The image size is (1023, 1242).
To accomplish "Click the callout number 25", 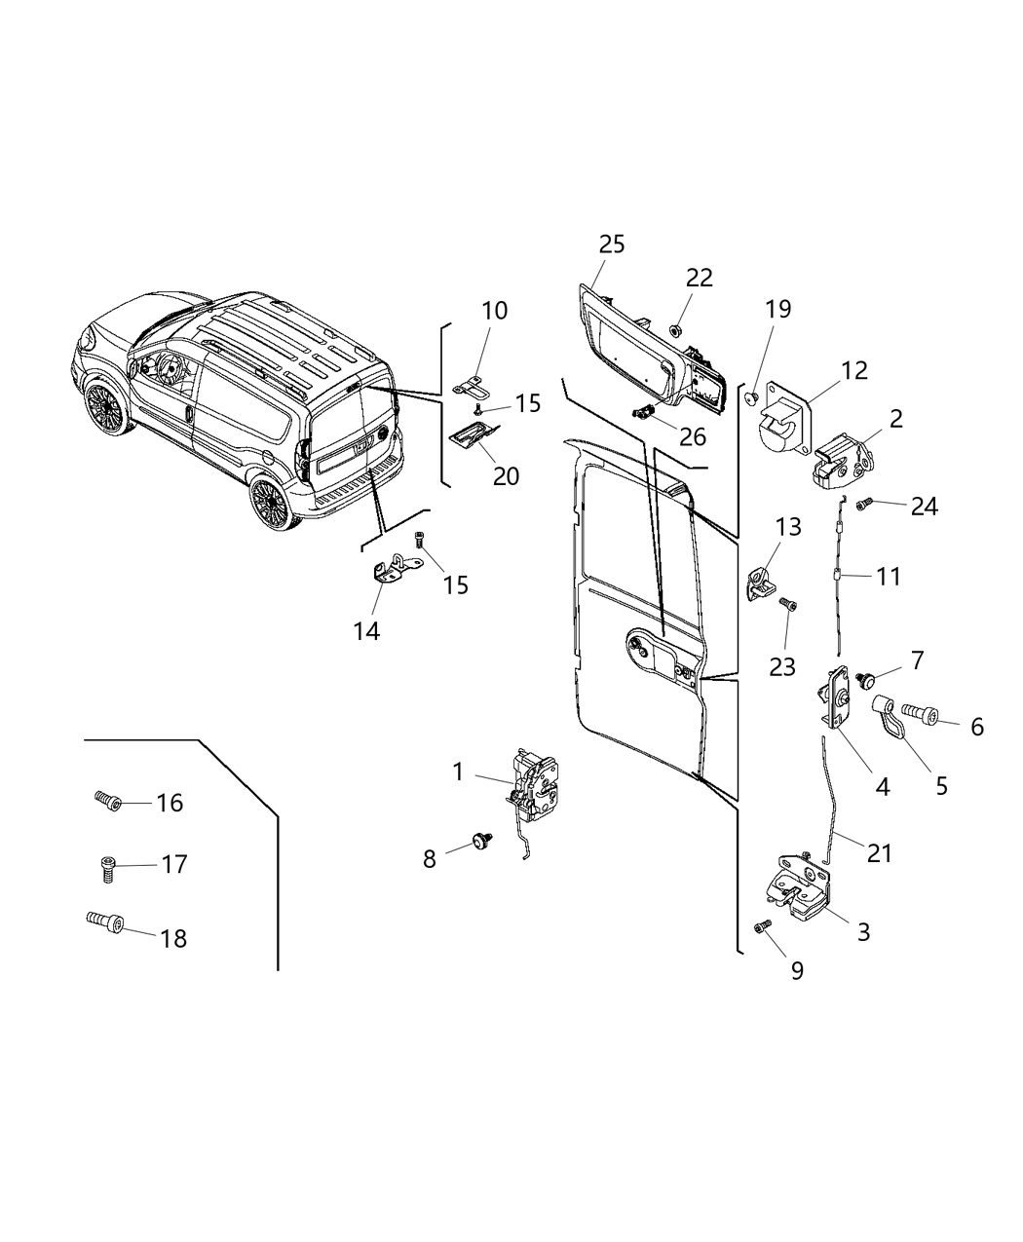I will [612, 244].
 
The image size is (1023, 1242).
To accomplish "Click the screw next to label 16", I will [107, 802].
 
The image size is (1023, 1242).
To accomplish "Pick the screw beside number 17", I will [107, 866].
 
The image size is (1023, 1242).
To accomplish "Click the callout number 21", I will [880, 853].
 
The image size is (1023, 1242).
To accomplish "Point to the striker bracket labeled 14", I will [398, 568].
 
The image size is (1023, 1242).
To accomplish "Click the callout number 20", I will [506, 476].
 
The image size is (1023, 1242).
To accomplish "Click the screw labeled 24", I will [863, 505].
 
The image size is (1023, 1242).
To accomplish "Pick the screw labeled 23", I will [788, 605].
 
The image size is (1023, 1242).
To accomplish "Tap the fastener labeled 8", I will [478, 839].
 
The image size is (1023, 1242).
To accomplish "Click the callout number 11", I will [888, 576].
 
